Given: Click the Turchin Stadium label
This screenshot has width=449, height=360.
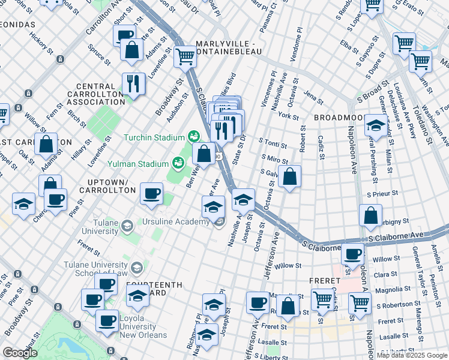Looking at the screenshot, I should [154, 137].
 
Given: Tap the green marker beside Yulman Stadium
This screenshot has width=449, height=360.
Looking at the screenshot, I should [178, 163].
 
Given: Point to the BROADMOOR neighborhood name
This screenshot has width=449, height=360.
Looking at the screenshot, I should [337, 118].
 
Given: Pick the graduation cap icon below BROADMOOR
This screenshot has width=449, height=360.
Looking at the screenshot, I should [375, 126].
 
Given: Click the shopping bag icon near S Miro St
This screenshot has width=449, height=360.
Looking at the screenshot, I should [289, 176].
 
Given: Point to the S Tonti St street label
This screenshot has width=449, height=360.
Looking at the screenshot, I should [273, 143].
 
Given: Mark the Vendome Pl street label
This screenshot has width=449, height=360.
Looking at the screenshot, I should [295, 42].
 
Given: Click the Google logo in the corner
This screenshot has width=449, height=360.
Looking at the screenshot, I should [20, 353].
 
